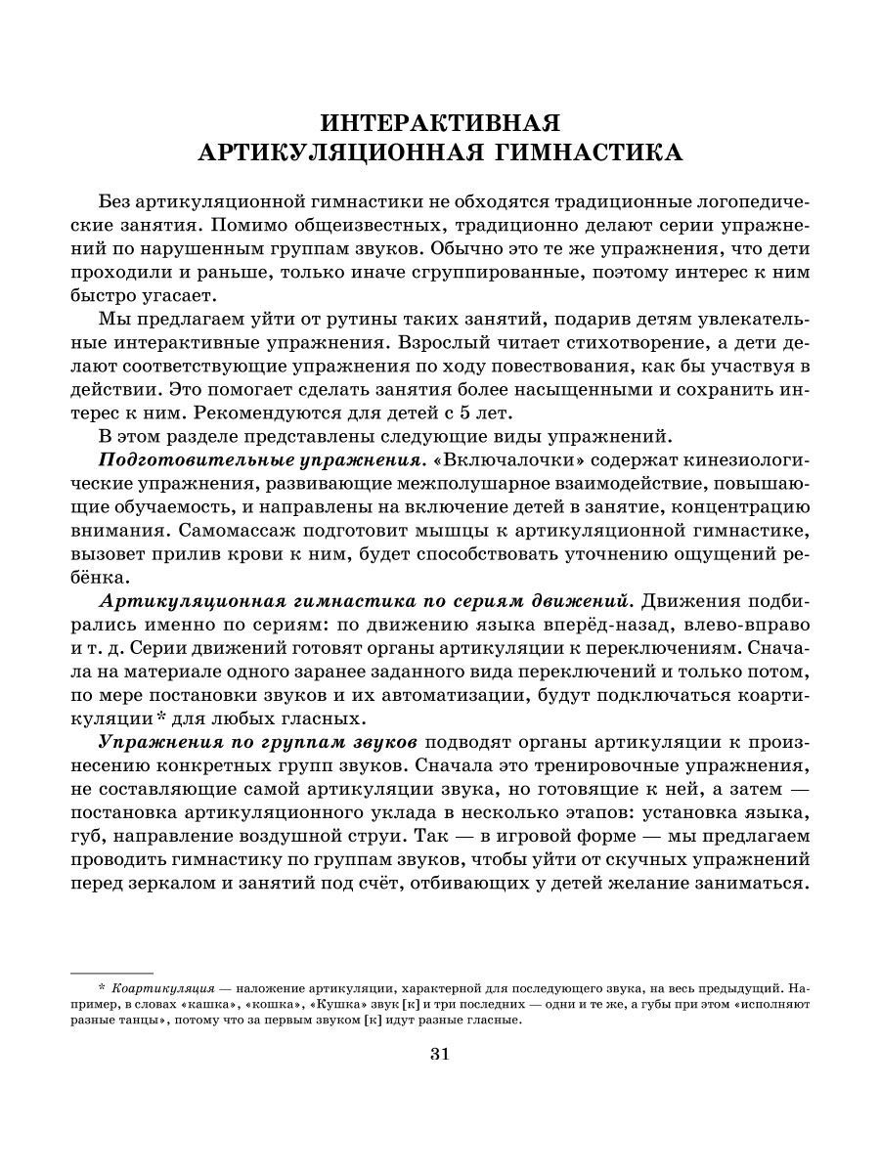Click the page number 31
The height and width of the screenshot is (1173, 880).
(x=440, y=1053)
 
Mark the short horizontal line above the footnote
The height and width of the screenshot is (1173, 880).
(x=112, y=974)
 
